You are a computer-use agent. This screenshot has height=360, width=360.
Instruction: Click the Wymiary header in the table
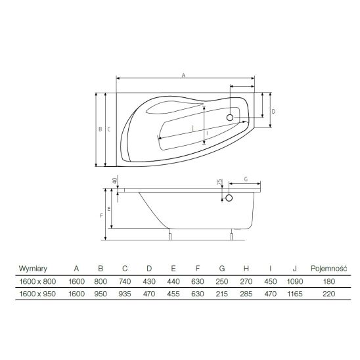coord(33,269)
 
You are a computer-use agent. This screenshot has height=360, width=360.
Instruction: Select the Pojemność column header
coord(328,269)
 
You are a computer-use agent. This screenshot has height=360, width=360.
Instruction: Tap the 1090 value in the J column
coord(295,281)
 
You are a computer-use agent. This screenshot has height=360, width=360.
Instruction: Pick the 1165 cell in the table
coord(295,294)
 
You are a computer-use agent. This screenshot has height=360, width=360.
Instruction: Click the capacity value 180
coord(328,281)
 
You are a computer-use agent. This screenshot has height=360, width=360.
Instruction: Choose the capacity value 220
coord(328,294)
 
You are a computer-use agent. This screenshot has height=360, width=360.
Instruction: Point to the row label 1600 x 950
coord(37,294)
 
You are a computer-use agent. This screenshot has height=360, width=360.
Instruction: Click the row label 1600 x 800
coord(37,281)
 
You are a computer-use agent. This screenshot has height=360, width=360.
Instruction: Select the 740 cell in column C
coord(125,281)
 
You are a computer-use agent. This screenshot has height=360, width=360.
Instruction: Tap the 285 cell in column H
coord(246,294)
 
